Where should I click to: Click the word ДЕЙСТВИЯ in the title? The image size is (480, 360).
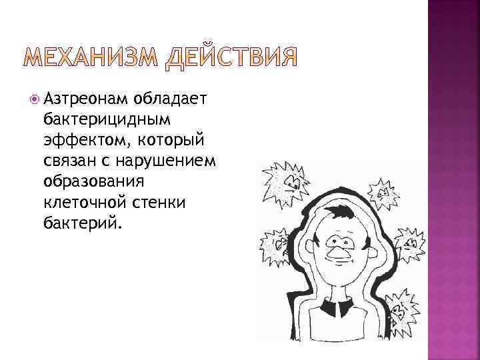point(231,59)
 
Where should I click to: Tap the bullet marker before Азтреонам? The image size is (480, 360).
point(34,100)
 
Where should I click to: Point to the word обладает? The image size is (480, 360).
point(171,100)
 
